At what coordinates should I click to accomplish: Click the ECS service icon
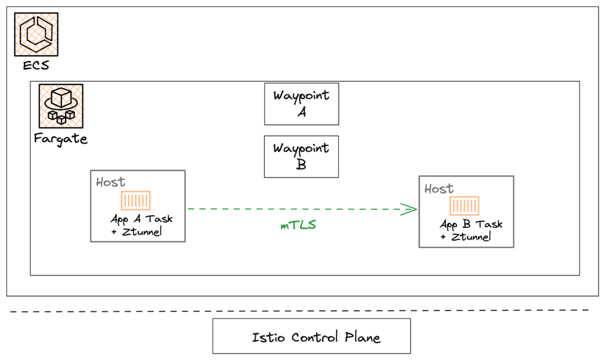coord(36,34)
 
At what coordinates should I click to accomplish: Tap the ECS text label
coord(36,66)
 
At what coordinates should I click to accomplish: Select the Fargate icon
coord(61,106)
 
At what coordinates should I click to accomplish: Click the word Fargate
coord(60,139)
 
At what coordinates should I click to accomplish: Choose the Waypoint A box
coord(301,104)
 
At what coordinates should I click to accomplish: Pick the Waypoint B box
coord(301,157)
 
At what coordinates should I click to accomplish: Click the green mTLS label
coord(298,225)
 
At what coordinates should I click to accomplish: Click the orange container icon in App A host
coord(135,201)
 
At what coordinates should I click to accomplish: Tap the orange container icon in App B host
coord(464,206)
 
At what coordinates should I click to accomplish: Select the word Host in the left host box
coord(110,182)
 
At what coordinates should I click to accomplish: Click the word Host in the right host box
coord(439,189)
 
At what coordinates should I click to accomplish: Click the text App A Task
coord(142,219)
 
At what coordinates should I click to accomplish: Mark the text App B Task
coord(471,224)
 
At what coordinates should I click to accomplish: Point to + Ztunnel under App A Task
coord(136,232)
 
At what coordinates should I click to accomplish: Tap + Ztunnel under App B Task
coord(465,237)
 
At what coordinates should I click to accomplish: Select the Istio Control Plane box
coord(311,336)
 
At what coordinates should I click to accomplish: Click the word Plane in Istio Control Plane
coord(362,337)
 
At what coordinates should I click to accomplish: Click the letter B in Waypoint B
coord(301,164)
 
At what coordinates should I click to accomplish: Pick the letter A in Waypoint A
coord(302,112)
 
